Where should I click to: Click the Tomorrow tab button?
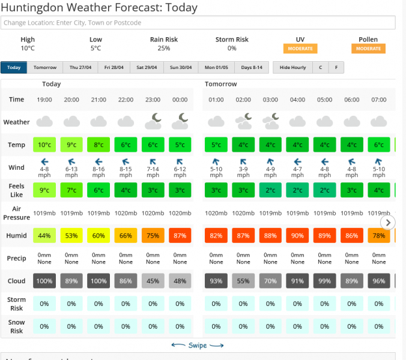[x=45, y=68]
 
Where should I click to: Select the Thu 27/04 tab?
[x=80, y=68]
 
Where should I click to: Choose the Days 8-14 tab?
[x=252, y=68]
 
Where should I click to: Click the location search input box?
[x=198, y=23]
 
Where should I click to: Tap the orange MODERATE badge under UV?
[x=300, y=49]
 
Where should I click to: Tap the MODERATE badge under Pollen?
[x=368, y=49]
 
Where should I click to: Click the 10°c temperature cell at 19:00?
[x=44, y=145]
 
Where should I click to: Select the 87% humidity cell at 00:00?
[x=180, y=235]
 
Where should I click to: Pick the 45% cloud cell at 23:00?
[x=153, y=281]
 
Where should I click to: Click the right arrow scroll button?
[x=388, y=223]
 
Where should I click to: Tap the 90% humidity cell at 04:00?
[x=297, y=235]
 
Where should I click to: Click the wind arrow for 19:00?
[x=44, y=161]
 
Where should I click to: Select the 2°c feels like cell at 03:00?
[x=270, y=190]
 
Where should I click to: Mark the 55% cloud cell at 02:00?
[x=243, y=281]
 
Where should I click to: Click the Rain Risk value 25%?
[x=164, y=49]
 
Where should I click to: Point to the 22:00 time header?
[x=126, y=100]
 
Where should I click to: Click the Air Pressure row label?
[x=16, y=212]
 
